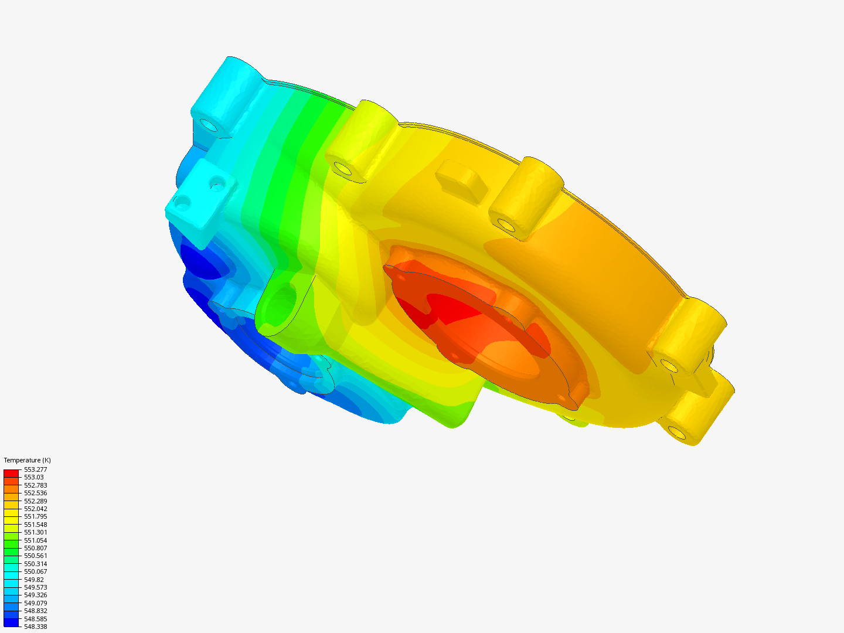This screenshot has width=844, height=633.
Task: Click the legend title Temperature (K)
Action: point(27,460)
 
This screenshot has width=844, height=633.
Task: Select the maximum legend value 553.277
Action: point(35,469)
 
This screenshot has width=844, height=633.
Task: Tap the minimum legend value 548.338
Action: point(35,627)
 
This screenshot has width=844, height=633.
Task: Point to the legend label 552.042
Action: point(35,509)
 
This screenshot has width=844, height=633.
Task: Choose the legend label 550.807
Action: point(35,548)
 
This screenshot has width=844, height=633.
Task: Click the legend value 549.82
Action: point(33,580)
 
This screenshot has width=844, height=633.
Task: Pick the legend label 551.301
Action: point(35,532)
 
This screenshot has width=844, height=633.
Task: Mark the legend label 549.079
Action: point(35,603)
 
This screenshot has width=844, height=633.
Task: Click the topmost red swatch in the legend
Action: point(11,473)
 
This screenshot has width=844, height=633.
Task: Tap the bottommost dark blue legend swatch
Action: point(11,622)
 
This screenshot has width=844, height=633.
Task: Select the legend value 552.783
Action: point(35,485)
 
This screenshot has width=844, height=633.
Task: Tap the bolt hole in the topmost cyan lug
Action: point(208,125)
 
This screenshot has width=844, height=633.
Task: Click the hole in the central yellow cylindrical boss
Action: point(505,224)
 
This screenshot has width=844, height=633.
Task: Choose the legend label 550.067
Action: point(35,571)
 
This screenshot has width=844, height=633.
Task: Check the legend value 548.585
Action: point(35,619)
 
